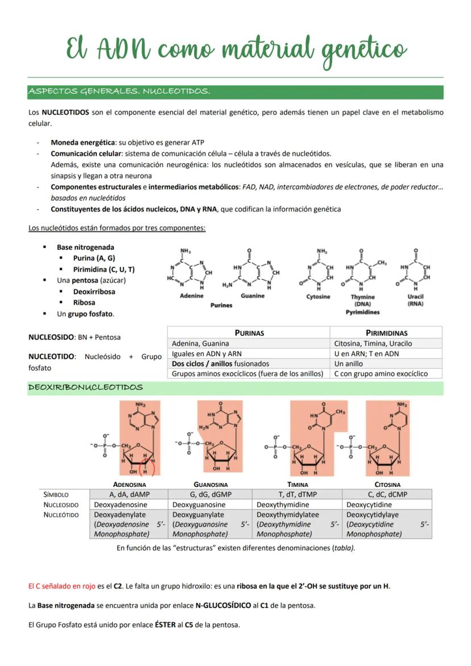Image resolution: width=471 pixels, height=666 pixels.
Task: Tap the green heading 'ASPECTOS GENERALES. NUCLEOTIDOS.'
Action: click(x=119, y=92)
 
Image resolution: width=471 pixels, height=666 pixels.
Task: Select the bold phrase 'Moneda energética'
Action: click(x=82, y=142)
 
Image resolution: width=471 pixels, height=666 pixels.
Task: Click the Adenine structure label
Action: click(x=191, y=296)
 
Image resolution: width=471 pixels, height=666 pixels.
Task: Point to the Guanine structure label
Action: click(x=252, y=296)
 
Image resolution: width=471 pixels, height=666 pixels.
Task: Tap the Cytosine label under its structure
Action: click(x=318, y=297)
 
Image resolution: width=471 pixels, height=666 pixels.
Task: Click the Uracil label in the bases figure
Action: click(x=415, y=297)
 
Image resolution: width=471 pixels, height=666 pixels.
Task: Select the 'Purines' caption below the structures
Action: click(x=221, y=305)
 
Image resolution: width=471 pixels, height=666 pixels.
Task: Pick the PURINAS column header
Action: click(x=249, y=333)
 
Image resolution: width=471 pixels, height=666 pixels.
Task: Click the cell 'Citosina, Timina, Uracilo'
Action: click(x=373, y=344)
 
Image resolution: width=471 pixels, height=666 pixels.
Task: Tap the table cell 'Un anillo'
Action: click(x=349, y=363)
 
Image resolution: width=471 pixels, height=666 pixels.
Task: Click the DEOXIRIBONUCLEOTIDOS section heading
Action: click(x=86, y=387)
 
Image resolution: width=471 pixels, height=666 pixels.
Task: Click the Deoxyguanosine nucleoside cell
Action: click(x=199, y=504)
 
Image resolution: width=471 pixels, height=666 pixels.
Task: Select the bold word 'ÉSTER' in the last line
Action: click(x=165, y=624)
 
